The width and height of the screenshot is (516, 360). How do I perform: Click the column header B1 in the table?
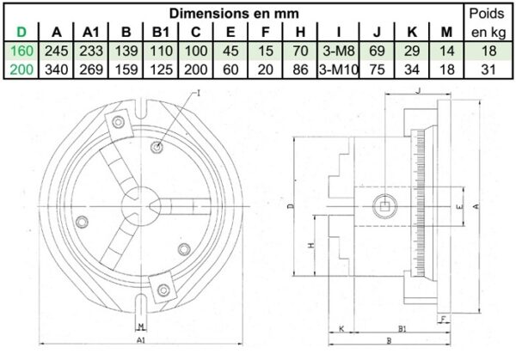coord(161,32)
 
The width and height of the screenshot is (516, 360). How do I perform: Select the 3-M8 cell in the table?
coord(339,51)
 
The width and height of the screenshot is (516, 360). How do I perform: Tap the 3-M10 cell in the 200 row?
coord(339,70)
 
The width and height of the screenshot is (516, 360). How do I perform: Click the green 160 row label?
coord(21,51)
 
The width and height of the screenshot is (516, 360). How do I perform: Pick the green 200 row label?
coord(21,70)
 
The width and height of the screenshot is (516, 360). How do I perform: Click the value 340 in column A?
coord(56,70)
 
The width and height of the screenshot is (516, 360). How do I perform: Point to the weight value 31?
coord(488,70)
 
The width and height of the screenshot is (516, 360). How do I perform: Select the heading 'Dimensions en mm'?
coord(234,14)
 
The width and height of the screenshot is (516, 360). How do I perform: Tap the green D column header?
coord(21,32)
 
